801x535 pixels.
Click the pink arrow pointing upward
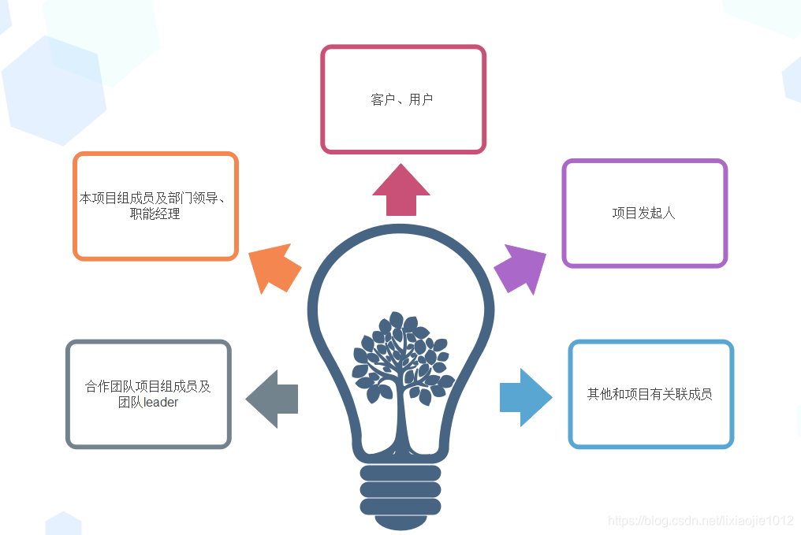tap(401, 190)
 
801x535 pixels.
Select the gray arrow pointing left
tap(272, 398)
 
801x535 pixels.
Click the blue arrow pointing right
tap(525, 398)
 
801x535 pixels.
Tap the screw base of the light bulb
tap(400, 489)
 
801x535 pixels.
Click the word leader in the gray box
tap(161, 403)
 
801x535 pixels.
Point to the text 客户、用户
tap(402, 100)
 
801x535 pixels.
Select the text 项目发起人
tap(644, 213)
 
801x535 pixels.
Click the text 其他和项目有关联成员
tap(650, 394)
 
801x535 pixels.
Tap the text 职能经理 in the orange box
tap(155, 214)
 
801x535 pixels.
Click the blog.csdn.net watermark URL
tap(700, 521)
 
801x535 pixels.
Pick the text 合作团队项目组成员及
tap(148, 387)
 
